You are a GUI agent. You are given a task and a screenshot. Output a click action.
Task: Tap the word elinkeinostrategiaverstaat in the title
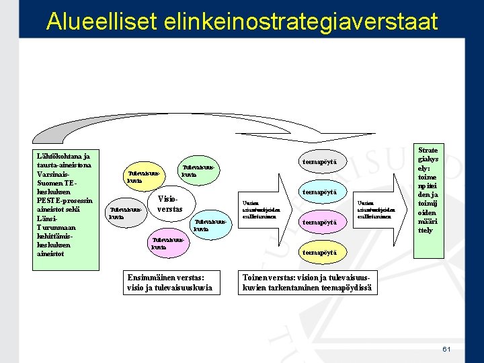300,22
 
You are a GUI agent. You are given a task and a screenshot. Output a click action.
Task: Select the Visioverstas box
169,204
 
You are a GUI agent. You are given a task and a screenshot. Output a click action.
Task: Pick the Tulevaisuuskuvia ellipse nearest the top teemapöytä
199,171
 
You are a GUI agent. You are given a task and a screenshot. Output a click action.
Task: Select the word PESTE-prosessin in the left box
65,200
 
